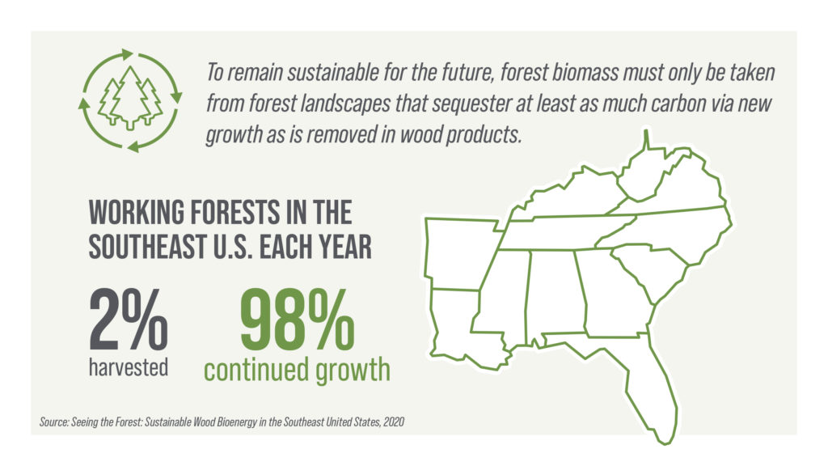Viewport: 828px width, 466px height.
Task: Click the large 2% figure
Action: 129,319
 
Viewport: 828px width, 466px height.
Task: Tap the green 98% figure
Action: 298,319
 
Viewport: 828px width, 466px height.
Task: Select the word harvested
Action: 129,367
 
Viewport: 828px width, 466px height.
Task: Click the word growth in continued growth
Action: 353,371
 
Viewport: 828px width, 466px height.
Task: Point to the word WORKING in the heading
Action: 137,213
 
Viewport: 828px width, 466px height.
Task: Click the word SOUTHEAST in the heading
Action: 147,247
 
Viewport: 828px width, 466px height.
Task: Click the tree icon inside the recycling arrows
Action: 130,99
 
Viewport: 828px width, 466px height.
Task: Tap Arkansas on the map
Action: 460,253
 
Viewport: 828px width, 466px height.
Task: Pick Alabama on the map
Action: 557,296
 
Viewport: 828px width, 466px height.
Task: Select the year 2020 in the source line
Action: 394,422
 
